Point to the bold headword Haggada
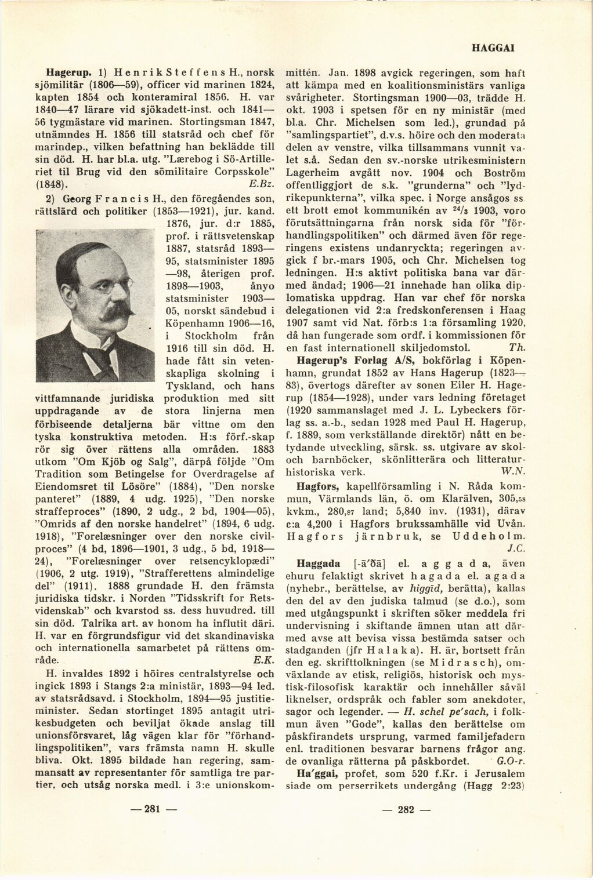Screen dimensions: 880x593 316,562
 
